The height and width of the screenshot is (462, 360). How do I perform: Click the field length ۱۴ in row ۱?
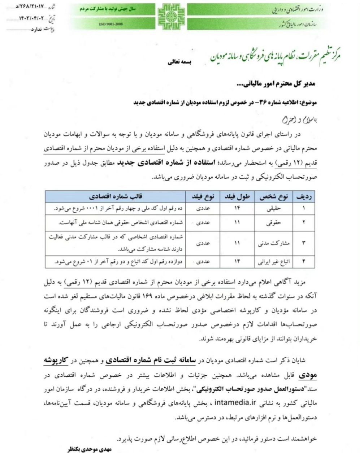tap(237, 208)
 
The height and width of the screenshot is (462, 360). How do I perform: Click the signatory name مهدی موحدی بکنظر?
tap(90, 450)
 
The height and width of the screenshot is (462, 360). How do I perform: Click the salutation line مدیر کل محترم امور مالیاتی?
tap(275, 84)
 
